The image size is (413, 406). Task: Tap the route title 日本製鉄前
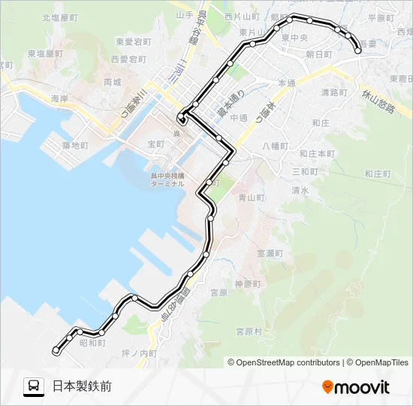point(82,386)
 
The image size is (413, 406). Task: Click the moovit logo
point(356,387)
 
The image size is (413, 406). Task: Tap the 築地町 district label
point(75,145)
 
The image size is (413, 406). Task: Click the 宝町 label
point(155,143)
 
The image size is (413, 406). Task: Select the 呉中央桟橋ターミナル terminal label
point(166,180)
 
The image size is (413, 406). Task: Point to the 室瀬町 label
point(270,254)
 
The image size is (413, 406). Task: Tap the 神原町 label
point(246,284)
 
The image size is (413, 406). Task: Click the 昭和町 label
point(92,343)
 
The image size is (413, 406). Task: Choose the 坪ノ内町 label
point(140,353)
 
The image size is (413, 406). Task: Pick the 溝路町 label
point(334,92)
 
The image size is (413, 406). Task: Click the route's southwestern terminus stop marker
point(56,350)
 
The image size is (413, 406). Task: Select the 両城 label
point(113,81)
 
